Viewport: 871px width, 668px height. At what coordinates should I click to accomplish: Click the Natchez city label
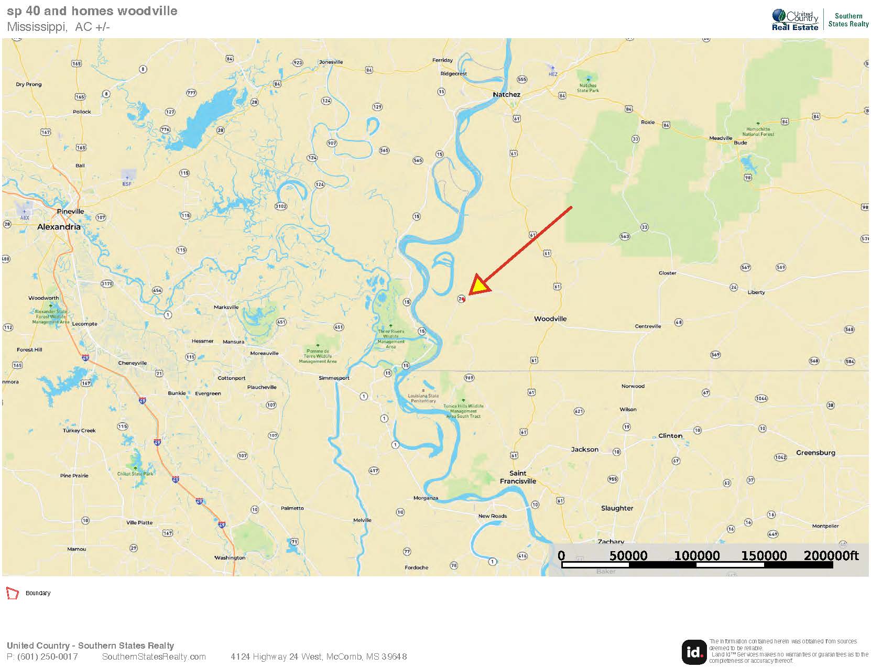pos(506,94)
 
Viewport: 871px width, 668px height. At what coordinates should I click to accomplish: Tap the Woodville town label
pos(550,319)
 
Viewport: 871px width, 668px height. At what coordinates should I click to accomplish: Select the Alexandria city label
pos(59,227)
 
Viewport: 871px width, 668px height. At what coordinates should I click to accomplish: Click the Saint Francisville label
pos(518,477)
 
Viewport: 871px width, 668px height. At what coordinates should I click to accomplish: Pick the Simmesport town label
pos(334,378)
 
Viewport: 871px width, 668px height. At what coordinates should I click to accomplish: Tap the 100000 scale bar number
pos(696,555)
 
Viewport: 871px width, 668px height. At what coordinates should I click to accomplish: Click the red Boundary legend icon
pos(12,593)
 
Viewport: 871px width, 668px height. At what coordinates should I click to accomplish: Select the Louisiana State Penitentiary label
pos(423,398)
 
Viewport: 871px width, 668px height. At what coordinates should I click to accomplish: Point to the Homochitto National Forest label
pos(758,132)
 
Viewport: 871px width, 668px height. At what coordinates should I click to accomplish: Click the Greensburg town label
pos(815,453)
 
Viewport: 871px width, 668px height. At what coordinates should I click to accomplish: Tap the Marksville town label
pos(226,307)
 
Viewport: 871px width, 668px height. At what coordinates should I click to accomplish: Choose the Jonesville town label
pos(331,62)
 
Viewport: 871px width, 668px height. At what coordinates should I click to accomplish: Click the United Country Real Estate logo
pos(794,20)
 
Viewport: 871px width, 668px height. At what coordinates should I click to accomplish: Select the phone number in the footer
pos(42,656)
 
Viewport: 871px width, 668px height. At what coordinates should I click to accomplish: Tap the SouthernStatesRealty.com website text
pos(154,656)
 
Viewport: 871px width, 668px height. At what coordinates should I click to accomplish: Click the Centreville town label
pos(648,326)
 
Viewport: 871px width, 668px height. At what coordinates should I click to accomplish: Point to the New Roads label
pos(492,516)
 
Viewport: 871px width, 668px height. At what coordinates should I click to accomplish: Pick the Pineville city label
pos(70,211)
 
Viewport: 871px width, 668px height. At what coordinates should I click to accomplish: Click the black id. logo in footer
pos(693,652)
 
